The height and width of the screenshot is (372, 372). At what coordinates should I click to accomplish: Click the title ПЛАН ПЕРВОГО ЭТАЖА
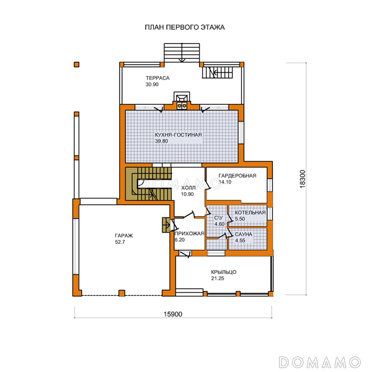click(x=185, y=27)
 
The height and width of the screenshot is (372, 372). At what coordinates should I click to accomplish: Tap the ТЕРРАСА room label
click(x=157, y=78)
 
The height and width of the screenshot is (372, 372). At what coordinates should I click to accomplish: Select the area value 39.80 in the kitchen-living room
click(x=162, y=141)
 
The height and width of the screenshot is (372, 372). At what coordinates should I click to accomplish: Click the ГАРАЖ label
click(x=124, y=236)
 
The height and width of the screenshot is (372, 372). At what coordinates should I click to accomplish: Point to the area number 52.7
click(x=120, y=242)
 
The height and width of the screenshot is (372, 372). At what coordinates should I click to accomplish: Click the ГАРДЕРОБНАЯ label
click(x=237, y=176)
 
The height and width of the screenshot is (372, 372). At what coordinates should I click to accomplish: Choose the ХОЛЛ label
click(x=188, y=188)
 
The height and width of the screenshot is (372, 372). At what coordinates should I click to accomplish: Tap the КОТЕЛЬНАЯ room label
click(x=250, y=213)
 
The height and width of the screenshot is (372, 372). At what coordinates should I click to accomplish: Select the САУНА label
click(x=244, y=234)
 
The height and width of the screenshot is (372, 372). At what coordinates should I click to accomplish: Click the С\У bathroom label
click(x=218, y=218)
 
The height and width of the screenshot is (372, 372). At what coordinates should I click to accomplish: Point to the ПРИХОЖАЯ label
click(x=189, y=234)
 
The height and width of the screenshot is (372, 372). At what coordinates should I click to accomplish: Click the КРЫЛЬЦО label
click(x=223, y=272)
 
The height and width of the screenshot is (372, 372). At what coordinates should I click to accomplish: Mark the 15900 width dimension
click(x=173, y=314)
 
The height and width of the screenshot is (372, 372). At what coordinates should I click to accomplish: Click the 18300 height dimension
click(x=303, y=179)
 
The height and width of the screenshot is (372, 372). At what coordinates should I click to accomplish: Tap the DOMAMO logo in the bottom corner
click(x=320, y=362)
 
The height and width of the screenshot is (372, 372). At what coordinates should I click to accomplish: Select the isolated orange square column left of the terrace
click(x=76, y=64)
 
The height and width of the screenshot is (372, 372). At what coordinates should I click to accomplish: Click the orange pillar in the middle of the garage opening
click(x=122, y=293)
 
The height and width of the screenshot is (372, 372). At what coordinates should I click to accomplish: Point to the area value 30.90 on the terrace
click(x=152, y=84)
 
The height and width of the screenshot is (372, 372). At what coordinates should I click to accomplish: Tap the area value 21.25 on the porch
click(x=218, y=278)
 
